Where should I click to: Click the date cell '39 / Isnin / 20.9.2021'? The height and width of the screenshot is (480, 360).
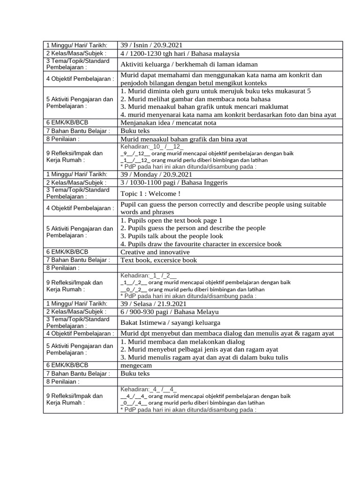click(x=151, y=45)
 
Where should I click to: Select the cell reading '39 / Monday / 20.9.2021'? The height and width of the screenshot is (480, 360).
click(x=155, y=174)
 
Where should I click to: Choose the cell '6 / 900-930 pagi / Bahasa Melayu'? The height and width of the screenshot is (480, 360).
click(x=169, y=312)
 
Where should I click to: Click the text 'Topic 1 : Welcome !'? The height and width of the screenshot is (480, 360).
click(x=150, y=194)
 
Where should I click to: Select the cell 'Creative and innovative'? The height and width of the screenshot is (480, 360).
click(x=155, y=252)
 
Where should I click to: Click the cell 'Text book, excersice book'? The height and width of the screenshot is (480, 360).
click(x=158, y=260)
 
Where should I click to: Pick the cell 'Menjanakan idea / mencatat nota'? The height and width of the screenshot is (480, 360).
click(x=168, y=123)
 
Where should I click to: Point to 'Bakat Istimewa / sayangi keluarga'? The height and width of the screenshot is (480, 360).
click(x=170, y=322)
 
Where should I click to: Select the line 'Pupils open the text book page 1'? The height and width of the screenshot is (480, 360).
click(x=171, y=220)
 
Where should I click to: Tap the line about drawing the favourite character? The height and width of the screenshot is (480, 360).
click(x=201, y=244)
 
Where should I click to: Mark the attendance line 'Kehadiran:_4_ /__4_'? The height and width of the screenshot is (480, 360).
click(x=149, y=389)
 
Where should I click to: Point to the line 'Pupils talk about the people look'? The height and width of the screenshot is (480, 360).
click(x=172, y=236)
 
